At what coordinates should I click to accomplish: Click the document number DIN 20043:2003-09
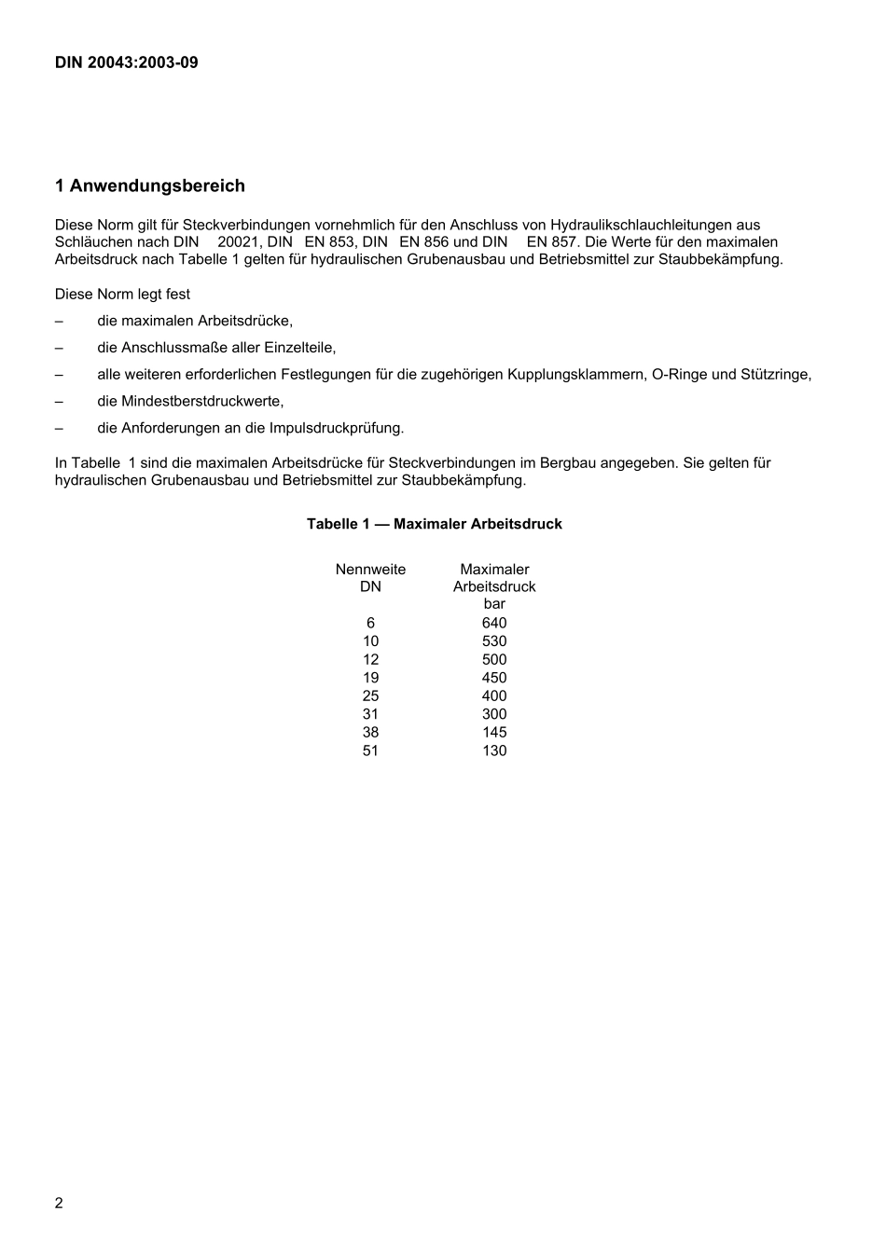click(126, 63)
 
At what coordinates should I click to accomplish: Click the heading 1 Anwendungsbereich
click(150, 186)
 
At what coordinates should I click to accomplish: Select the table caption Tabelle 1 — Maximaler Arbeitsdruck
click(434, 524)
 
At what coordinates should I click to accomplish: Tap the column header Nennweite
click(370, 570)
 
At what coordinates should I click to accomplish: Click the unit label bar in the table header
click(494, 604)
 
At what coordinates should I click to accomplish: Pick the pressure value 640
click(494, 623)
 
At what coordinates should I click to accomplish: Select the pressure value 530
click(494, 641)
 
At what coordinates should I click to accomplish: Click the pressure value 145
click(494, 733)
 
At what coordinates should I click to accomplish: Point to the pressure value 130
click(494, 750)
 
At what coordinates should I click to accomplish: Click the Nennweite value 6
click(370, 623)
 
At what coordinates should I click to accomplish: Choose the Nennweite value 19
click(370, 678)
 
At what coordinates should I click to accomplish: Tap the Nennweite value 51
click(370, 750)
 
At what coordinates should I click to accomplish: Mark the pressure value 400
click(494, 695)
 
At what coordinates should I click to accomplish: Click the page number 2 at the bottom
click(59, 1203)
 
